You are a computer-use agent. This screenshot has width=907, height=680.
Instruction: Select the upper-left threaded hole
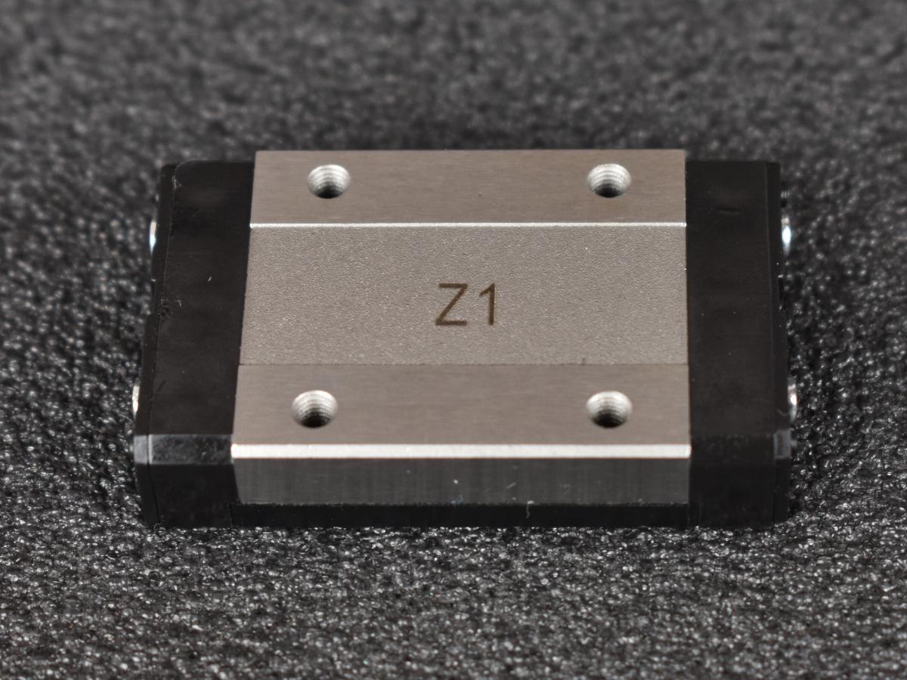tap(330, 181)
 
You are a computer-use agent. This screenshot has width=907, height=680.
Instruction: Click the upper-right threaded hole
tap(609, 180)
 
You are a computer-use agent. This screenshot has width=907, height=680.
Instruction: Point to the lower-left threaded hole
tap(314, 408)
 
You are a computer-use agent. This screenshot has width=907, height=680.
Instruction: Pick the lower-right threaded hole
tap(609, 409)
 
